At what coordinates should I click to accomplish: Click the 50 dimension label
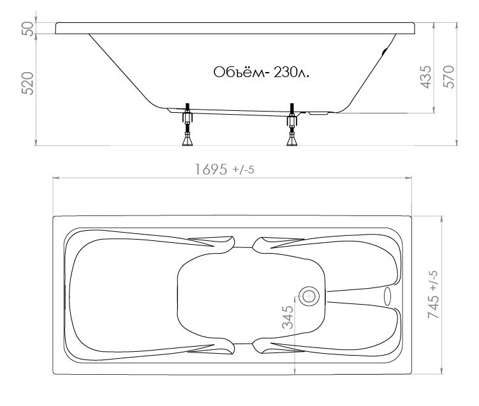pos(28,29)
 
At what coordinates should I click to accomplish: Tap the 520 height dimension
pos(28,83)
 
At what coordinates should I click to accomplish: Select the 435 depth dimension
pos(426,77)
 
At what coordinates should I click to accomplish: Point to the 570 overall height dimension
pos(449,77)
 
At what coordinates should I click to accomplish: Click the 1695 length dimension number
pos(211,170)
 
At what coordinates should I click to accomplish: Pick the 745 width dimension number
pos(433,307)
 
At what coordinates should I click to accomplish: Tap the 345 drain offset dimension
pos(288,317)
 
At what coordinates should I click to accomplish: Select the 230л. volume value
pos(291,73)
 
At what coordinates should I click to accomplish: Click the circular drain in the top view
pos(309,296)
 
